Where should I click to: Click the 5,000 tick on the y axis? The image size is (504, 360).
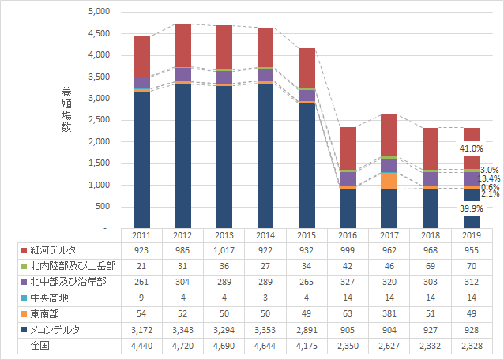point(100,13)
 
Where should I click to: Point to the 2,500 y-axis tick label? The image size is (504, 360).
point(100,120)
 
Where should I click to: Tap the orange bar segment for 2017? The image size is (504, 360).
point(389,181)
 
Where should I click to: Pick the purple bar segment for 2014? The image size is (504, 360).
point(265,74)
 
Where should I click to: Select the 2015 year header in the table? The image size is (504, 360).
point(307,235)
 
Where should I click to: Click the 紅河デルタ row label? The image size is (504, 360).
point(54,250)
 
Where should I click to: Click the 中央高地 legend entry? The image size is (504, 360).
point(49,298)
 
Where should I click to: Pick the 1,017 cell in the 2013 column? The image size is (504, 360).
point(224,250)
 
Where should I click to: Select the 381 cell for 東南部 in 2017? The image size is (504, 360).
point(389,313)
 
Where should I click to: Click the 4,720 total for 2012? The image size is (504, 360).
point(183,345)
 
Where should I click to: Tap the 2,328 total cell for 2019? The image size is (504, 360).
point(471,345)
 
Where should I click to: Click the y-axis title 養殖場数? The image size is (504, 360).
point(66,109)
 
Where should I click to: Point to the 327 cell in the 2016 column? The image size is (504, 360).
point(348,282)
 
